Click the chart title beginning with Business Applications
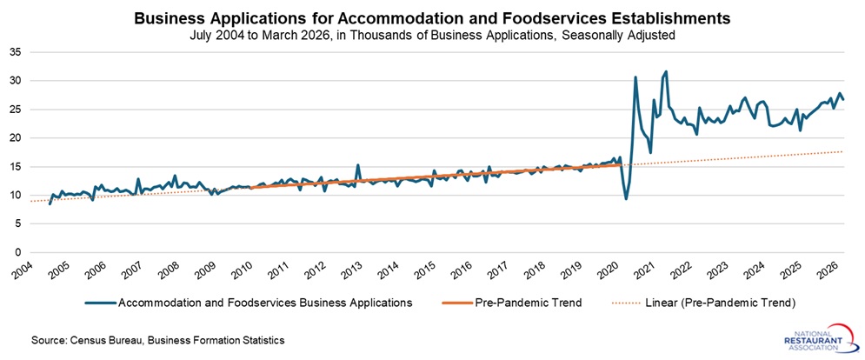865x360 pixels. [432, 18]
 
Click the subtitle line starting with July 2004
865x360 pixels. [432, 35]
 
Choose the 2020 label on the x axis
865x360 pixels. [607, 272]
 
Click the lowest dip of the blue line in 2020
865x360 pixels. [626, 199]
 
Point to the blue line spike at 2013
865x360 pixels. [358, 164]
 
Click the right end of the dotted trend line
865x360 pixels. [842, 151]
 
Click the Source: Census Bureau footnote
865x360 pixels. [157, 339]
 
